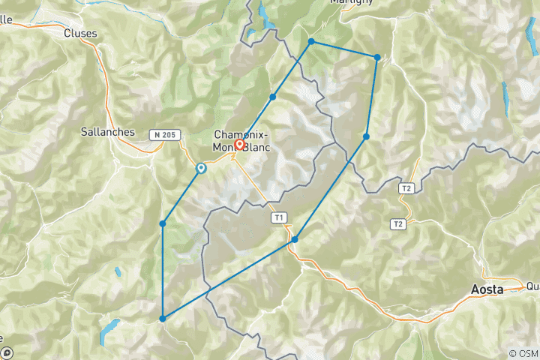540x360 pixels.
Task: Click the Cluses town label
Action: pyautogui.click(x=80, y=33)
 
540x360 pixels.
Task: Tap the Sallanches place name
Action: pyautogui.click(x=107, y=132)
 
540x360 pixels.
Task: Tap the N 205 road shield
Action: pyautogui.click(x=165, y=135)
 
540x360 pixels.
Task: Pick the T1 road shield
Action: pyautogui.click(x=279, y=218)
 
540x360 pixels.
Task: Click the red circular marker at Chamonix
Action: pyautogui.click(x=240, y=145)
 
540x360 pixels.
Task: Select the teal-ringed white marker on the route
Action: pyautogui.click(x=201, y=169)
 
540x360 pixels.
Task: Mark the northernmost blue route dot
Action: pyautogui.click(x=311, y=41)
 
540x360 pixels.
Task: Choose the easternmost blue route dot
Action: pyautogui.click(x=377, y=57)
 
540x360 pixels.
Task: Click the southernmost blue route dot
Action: pyautogui.click(x=163, y=319)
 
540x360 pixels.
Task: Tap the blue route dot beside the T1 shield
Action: pyautogui.click(x=295, y=239)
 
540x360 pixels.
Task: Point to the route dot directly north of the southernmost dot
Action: pyautogui.click(x=163, y=223)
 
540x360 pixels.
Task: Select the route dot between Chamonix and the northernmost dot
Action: pyautogui.click(x=273, y=97)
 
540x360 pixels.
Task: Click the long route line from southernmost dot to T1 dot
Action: pyautogui.click(x=229, y=279)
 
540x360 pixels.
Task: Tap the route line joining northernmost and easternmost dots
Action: pyautogui.click(x=344, y=49)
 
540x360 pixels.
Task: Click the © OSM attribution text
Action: pyautogui.click(x=523, y=353)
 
